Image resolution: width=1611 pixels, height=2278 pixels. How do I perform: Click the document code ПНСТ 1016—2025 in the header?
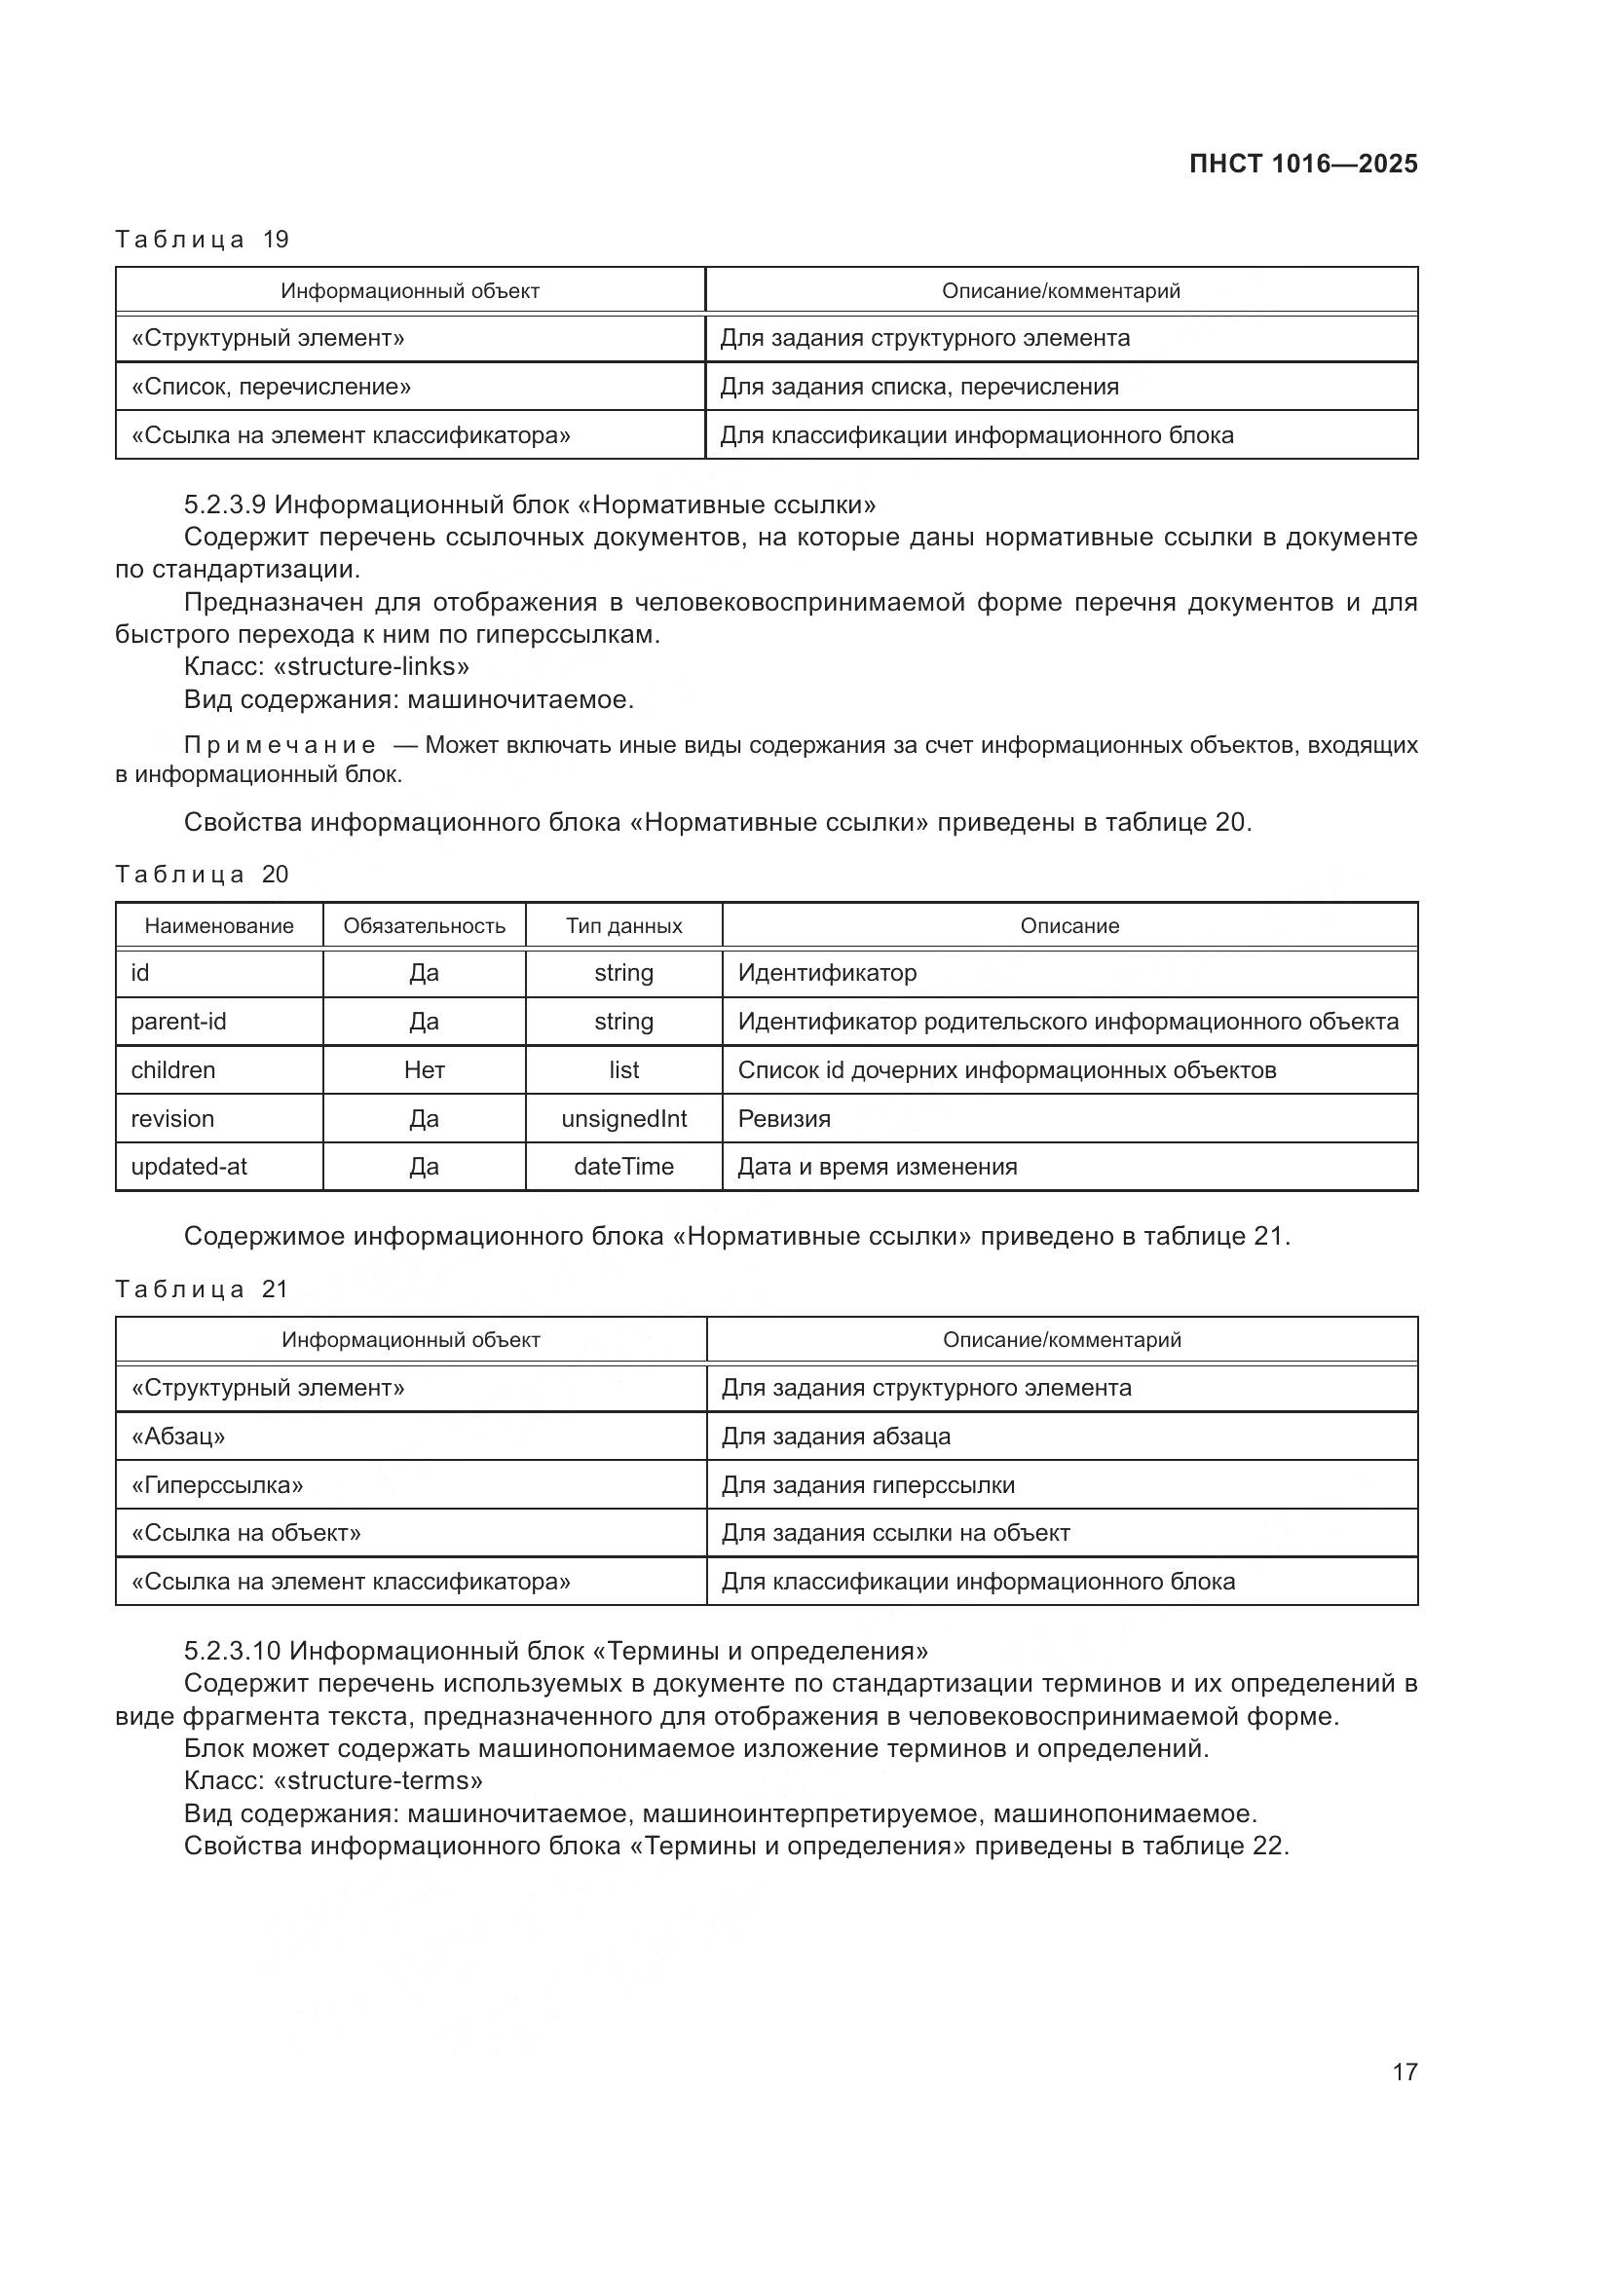1302,164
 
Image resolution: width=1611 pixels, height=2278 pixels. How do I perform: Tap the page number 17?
1405,2072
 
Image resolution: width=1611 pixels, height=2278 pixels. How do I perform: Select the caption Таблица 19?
203,240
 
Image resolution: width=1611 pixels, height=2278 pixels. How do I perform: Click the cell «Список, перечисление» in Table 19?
271,387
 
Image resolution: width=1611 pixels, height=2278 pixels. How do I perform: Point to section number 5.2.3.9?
224,505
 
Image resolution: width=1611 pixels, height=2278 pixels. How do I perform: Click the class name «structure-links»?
371,667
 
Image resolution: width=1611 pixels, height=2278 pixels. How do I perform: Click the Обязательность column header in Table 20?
424,925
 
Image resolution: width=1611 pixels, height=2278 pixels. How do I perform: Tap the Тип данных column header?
624,925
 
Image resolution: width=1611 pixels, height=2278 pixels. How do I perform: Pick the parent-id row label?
178,1021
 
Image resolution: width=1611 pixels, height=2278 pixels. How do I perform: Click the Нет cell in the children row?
424,1069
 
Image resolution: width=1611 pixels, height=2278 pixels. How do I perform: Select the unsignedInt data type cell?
624,1118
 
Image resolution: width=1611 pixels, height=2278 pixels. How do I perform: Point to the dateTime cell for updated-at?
624,1167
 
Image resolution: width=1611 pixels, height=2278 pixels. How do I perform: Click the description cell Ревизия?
784,1118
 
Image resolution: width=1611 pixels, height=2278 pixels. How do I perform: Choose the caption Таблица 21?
203,1288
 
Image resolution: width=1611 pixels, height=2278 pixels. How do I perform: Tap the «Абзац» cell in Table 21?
178,1436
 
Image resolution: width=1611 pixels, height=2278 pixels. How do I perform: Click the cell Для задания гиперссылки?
868,1484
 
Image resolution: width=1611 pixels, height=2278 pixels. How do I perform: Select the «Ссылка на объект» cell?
246,1533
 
